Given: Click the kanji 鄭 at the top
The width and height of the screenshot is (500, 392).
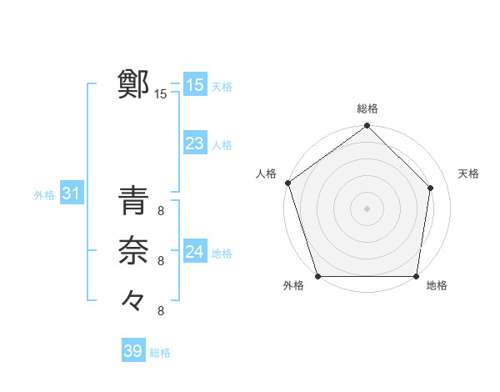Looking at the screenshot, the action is pos(133,84).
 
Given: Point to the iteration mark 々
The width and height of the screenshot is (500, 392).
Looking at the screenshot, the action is pos(133,298).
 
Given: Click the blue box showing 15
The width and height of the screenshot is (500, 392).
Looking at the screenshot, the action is pos(194,84).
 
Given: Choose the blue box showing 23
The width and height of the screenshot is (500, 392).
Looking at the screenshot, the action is pos(194,143).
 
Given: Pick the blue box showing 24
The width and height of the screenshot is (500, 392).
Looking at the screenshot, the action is pos(194,251).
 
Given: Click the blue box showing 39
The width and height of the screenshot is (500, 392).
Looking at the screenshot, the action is pos(132,351).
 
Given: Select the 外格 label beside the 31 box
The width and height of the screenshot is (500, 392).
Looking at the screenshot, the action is pos(44,195).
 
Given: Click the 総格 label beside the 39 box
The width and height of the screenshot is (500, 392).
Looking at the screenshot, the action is pos(160,353).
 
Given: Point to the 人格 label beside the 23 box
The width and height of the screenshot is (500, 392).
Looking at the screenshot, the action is pos(222,145).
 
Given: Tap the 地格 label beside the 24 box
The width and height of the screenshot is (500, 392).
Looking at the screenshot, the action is pos(222,253).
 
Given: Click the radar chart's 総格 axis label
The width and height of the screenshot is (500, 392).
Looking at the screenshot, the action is pos(367,108).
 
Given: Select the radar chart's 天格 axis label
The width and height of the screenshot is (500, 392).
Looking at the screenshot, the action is pos(468,173).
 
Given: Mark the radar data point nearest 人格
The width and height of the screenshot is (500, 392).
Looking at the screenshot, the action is pos(287,183).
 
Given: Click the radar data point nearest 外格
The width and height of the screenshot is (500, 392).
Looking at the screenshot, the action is pos(318,276).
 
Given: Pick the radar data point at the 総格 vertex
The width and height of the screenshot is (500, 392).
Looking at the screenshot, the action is pos(367,127).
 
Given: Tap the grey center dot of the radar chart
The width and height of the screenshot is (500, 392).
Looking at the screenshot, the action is pos(367,209).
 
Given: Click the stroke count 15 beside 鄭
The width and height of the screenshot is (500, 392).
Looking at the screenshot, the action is pos(161,94).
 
